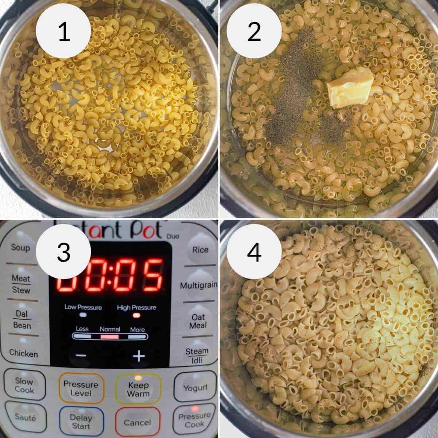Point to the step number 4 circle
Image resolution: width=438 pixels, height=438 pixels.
[254, 252]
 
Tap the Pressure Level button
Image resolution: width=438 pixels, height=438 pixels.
[81, 388]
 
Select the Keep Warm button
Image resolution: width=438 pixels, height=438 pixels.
[138, 389]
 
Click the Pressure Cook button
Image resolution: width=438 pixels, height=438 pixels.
[194, 420]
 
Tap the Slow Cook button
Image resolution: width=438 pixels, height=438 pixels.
[24, 385]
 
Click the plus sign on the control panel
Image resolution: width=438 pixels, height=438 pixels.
[139, 356]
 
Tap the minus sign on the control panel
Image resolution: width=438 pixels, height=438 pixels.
[81, 356]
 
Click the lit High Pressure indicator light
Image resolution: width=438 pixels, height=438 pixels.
[137, 315]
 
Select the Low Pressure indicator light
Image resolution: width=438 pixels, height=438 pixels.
[83, 315]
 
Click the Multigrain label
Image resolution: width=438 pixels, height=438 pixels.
[199, 285]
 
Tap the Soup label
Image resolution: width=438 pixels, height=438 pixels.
[20, 248]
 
